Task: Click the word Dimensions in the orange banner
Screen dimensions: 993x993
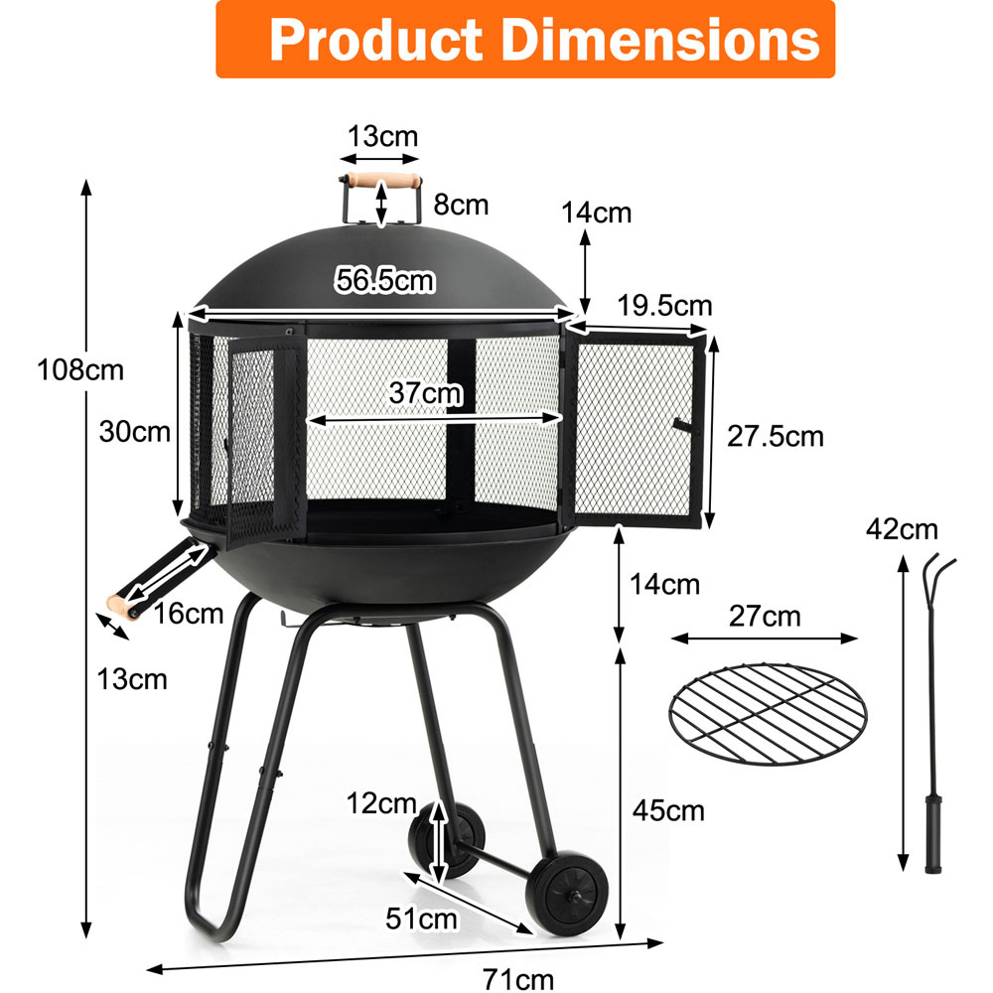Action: pos(660,40)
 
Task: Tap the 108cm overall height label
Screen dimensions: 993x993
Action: pos(80,370)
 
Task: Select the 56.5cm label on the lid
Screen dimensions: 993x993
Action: pos(385,281)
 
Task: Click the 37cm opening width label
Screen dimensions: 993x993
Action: pos(426,392)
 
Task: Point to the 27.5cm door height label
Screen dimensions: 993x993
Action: pos(776,436)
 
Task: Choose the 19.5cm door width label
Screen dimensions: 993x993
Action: pos(665,306)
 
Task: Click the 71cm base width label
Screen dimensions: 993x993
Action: pos(518,979)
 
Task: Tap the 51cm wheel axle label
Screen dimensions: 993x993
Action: pos(421,919)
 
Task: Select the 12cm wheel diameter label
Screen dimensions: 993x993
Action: pos(381,803)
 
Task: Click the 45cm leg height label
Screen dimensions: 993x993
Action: pos(668,810)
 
